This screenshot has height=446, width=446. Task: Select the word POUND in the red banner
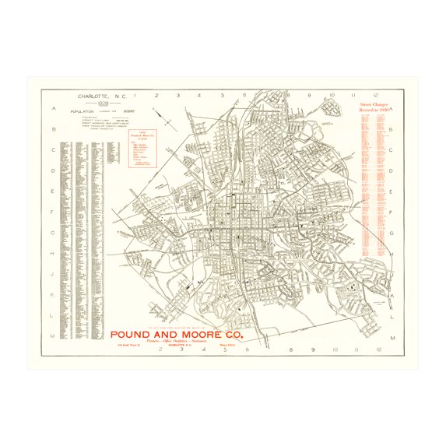[x=137, y=335]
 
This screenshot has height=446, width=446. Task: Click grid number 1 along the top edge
[x=135, y=97]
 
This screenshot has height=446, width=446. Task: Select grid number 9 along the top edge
[x=310, y=97]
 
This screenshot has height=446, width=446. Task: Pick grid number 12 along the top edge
[x=376, y=97]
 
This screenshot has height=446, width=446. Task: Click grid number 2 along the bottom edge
[x=160, y=350]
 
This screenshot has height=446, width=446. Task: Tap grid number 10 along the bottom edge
[x=332, y=350]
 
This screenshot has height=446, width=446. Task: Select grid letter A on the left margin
[x=53, y=108]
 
